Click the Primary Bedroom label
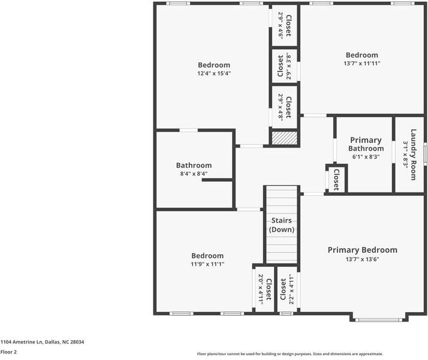pos(362,250)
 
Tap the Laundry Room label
pos(414,155)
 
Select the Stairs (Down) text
pos(282,225)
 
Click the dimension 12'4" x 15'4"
pos(214,73)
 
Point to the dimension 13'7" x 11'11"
pos(362,64)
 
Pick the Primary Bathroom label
pos(366,144)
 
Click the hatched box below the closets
pos(285,138)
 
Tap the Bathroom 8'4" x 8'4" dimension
pos(194,174)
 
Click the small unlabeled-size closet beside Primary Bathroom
pos(336,179)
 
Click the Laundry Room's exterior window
pos(425,154)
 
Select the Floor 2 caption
pos(8,352)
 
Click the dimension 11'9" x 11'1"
pos(207,264)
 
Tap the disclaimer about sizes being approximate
pos(290,354)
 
